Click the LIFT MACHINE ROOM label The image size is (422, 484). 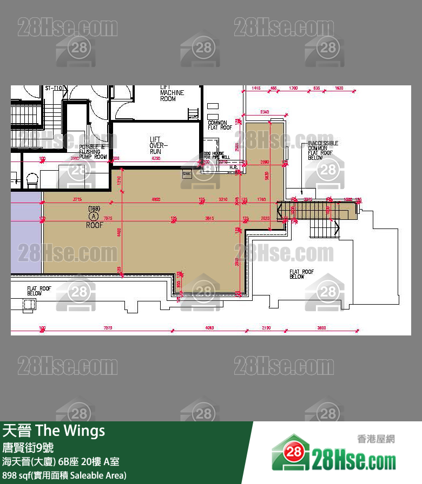point(172,93)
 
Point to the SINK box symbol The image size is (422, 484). point(187,173)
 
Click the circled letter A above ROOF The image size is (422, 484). point(93,216)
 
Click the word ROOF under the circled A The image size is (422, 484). point(94,225)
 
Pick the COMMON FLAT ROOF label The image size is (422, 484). point(220,125)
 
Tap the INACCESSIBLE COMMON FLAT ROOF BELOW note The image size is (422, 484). point(323,150)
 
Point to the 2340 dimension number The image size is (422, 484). point(265,112)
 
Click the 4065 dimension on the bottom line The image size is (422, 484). point(210,328)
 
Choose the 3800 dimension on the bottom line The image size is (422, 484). point(321,328)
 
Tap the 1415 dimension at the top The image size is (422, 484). point(256,88)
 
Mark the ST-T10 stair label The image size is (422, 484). point(53,88)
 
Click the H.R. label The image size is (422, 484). point(234,167)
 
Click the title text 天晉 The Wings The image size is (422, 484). point(54,431)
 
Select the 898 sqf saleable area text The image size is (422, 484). point(64,475)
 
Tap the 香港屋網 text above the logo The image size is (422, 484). point(376,439)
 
